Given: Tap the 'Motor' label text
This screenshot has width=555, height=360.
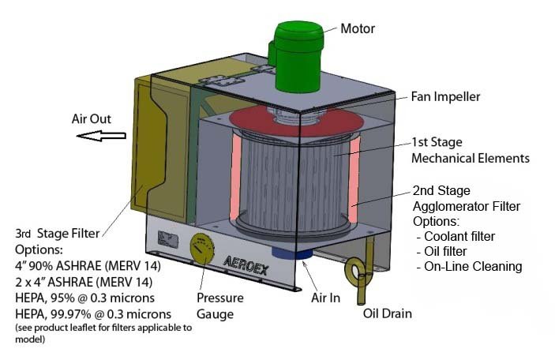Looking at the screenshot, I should (358, 29).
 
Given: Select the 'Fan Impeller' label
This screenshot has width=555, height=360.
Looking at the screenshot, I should (445, 97).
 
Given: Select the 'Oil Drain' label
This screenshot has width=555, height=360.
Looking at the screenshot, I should (387, 313).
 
